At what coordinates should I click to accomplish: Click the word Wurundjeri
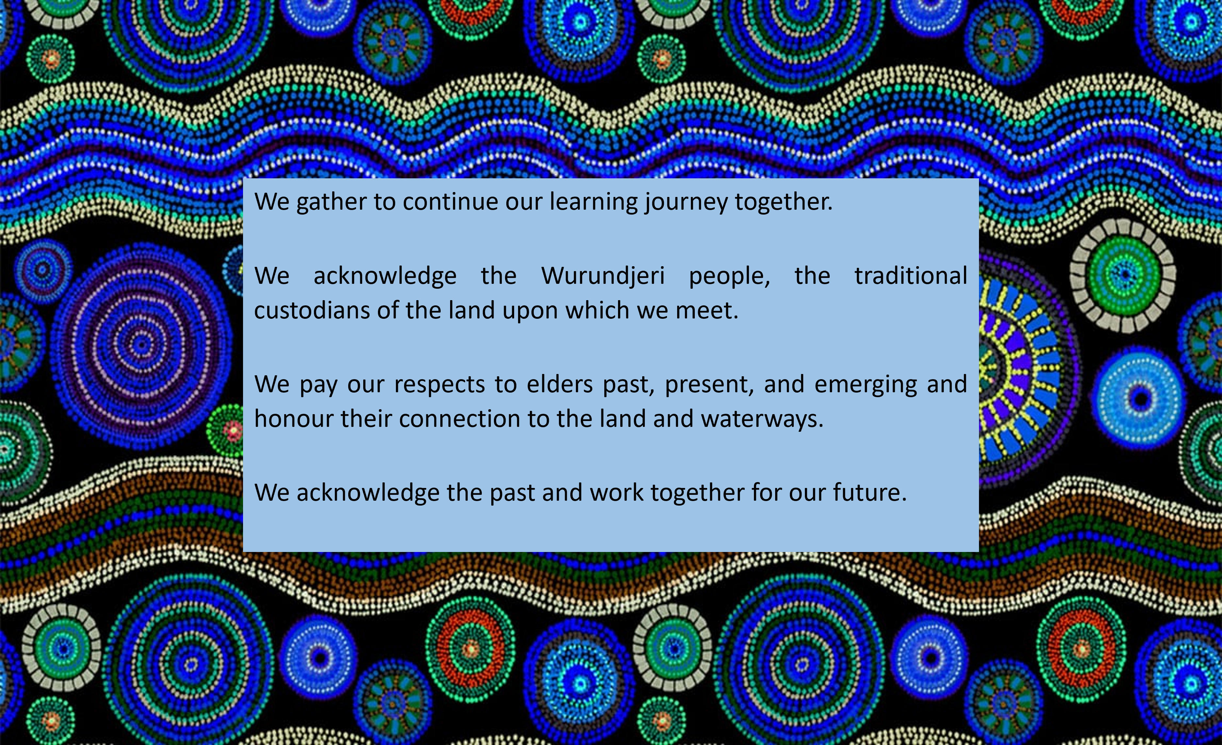pyautogui.click(x=603, y=276)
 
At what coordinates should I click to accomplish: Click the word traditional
pyautogui.click(x=911, y=276)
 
